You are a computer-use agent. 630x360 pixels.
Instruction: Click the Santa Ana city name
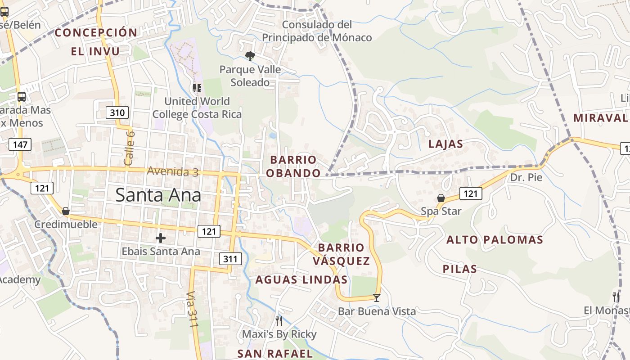158,195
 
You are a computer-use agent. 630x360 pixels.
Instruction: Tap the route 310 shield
117,112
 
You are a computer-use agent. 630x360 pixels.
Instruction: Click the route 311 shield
230,259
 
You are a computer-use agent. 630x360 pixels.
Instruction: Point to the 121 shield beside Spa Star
470,193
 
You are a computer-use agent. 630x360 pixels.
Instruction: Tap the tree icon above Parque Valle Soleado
250,56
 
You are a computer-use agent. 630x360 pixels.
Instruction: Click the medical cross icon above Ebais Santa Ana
161,238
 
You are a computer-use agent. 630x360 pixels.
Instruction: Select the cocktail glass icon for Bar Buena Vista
377,297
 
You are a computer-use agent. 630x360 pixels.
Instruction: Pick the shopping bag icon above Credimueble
66,211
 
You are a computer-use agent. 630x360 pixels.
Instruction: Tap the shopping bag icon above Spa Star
441,198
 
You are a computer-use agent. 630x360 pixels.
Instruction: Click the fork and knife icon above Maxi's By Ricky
279,320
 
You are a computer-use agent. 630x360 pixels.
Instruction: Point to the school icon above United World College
197,88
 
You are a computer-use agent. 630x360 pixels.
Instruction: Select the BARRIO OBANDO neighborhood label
293,166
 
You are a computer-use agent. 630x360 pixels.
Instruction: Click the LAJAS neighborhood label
445,144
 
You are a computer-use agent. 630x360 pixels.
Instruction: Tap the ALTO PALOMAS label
495,240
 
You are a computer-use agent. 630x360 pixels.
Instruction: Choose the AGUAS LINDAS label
301,280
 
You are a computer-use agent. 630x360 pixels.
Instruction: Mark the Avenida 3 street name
172,171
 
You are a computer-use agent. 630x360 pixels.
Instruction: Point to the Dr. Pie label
526,177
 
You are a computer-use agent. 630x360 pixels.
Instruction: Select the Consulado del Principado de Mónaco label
317,31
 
